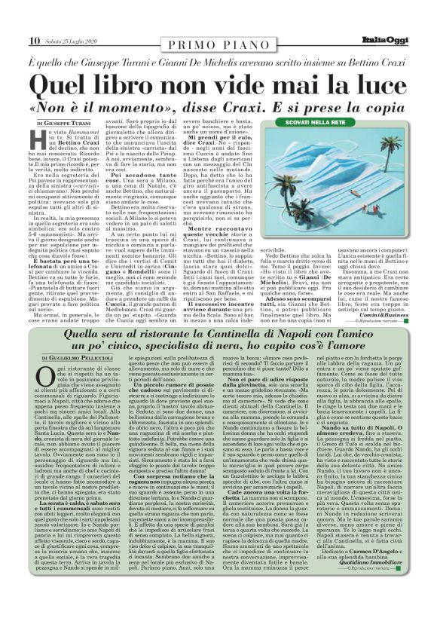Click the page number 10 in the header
pyautogui.click(x=34, y=40)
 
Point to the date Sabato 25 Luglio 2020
pyautogui.click(x=72, y=41)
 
